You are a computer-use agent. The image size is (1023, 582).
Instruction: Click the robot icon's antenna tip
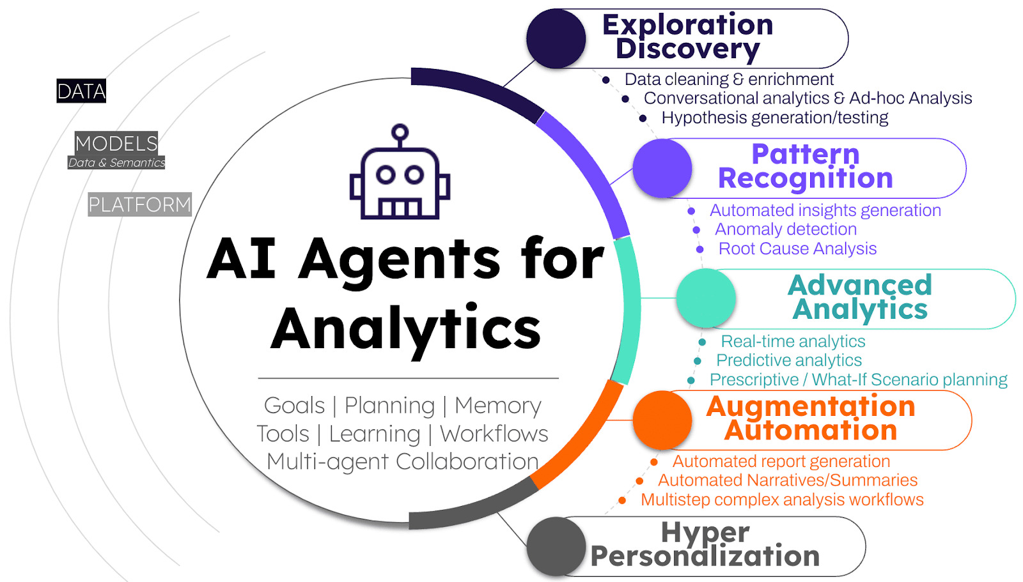(x=400, y=133)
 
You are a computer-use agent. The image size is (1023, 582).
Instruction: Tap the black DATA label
(x=81, y=91)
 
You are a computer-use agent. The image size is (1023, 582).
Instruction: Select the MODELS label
(x=116, y=142)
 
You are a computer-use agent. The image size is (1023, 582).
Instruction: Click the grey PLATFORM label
(x=139, y=204)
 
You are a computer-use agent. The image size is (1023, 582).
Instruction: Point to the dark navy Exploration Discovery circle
(x=556, y=39)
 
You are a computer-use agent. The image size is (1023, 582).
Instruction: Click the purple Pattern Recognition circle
(x=662, y=169)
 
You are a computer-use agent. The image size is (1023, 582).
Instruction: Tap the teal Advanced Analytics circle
(x=706, y=298)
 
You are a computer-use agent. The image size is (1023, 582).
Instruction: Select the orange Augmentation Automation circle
(x=662, y=420)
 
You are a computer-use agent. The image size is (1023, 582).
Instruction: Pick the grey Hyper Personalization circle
(x=556, y=546)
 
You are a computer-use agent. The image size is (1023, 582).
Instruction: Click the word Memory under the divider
(x=497, y=406)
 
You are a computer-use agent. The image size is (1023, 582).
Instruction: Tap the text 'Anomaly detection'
(x=786, y=229)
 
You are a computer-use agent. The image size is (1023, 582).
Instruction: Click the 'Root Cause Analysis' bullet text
(x=797, y=249)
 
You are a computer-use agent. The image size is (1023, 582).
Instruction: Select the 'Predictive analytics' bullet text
(x=789, y=360)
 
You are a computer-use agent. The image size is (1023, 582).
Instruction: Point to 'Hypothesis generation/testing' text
(x=775, y=118)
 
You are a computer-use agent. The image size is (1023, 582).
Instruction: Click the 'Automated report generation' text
(x=781, y=461)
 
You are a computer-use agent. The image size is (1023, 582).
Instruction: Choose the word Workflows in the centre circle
(x=494, y=434)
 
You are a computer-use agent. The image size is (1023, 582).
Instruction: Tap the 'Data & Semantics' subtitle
(x=116, y=163)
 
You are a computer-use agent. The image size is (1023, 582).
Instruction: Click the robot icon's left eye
(x=386, y=174)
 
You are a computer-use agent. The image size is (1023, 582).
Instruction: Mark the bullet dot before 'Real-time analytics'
(x=702, y=342)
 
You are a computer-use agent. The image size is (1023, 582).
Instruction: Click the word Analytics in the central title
(x=406, y=328)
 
